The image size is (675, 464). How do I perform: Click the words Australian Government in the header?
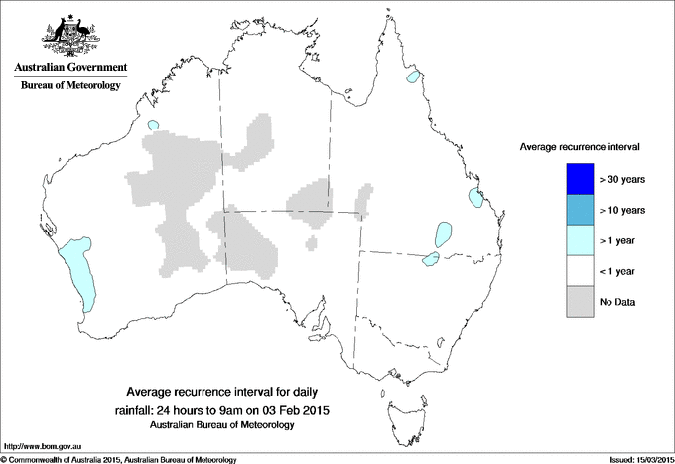(x=69, y=68)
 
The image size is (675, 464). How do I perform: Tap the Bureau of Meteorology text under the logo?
(x=70, y=86)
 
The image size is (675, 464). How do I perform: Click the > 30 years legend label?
(x=623, y=180)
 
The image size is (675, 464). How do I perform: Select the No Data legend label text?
(x=619, y=300)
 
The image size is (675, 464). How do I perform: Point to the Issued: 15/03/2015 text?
(x=634, y=458)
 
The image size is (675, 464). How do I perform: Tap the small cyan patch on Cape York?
(x=412, y=77)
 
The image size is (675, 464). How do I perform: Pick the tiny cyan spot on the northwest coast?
(x=152, y=125)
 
